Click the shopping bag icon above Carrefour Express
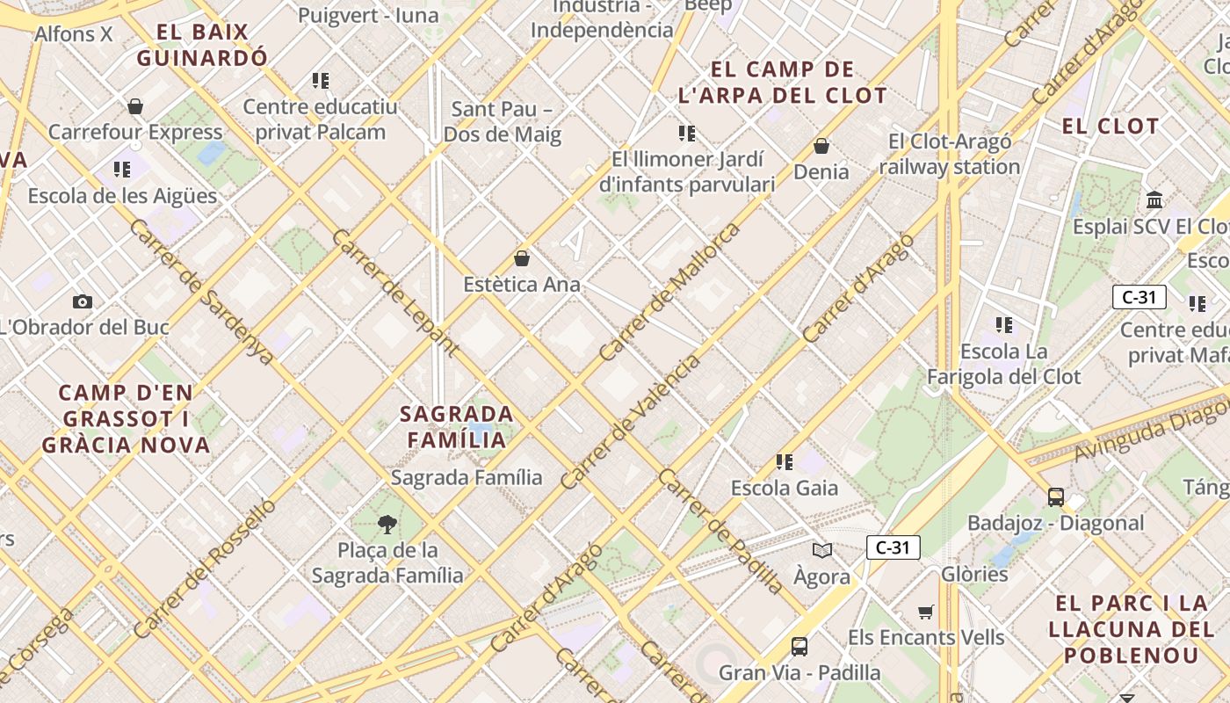click(x=135, y=106)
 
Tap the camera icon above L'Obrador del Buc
click(x=83, y=301)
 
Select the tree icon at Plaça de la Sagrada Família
click(x=387, y=525)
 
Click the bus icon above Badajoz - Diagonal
click(x=1056, y=496)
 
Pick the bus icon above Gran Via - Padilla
click(x=799, y=647)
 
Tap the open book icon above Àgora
click(x=822, y=550)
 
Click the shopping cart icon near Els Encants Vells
click(x=925, y=612)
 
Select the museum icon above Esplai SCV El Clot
click(x=1155, y=199)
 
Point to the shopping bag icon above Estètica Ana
click(x=522, y=258)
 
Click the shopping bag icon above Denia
click(x=821, y=145)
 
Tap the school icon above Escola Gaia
click(x=785, y=461)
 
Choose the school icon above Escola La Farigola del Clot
click(x=1004, y=325)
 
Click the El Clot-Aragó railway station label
click(x=950, y=154)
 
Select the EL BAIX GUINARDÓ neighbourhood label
click(x=202, y=46)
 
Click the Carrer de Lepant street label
click(x=395, y=293)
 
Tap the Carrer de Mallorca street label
click(x=669, y=293)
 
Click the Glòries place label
click(x=974, y=574)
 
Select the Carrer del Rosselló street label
click(x=204, y=568)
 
